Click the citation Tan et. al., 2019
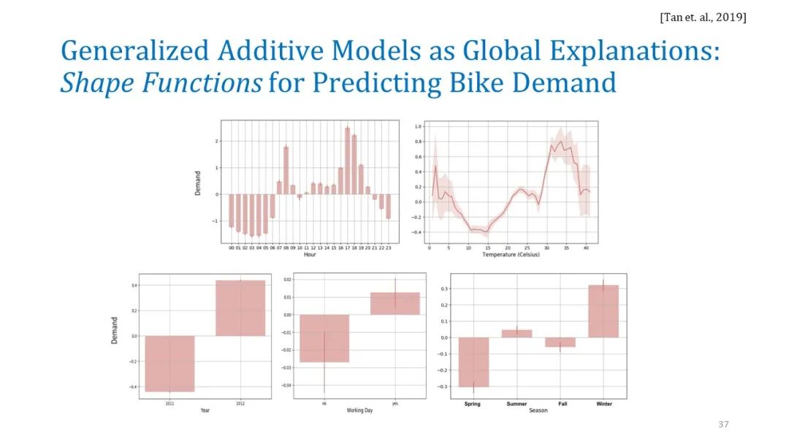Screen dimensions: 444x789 click(702, 17)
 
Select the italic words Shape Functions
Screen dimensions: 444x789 click(160, 83)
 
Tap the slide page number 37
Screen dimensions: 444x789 click(724, 424)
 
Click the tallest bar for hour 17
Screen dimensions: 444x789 click(348, 161)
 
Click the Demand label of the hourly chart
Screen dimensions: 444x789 click(198, 183)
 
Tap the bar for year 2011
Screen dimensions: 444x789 click(170, 364)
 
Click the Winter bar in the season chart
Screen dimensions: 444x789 click(603, 311)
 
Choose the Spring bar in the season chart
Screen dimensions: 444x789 click(473, 361)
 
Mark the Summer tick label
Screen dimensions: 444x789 click(517, 404)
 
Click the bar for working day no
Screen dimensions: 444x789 click(324, 338)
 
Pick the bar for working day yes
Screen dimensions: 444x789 click(395, 304)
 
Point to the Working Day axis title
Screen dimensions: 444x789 click(359, 411)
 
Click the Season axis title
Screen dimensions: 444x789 click(538, 411)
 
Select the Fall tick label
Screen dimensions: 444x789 click(560, 404)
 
